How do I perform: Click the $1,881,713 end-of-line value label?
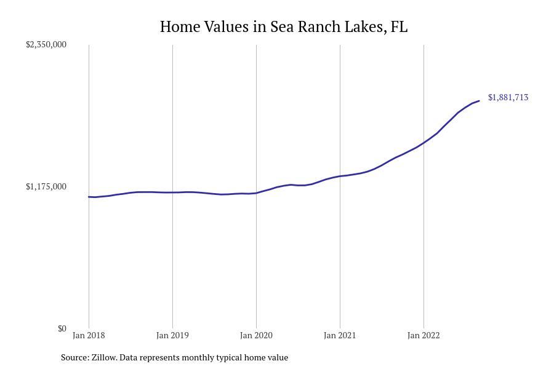508,97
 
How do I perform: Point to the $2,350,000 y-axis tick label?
46,44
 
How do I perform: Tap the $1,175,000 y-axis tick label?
46,186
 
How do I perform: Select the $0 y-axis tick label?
62,328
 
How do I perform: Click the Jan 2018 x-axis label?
89,335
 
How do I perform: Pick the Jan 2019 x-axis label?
172,335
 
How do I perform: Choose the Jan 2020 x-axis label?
256,335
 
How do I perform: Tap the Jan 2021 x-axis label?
340,335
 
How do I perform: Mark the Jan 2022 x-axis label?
424,335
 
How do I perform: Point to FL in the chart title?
399,27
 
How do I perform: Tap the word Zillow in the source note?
103,357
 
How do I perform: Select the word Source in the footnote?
74,357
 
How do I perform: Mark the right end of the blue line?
479,101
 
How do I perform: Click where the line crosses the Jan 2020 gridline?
256,193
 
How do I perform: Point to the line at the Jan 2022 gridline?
424,143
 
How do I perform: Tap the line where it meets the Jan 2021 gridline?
340,177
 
